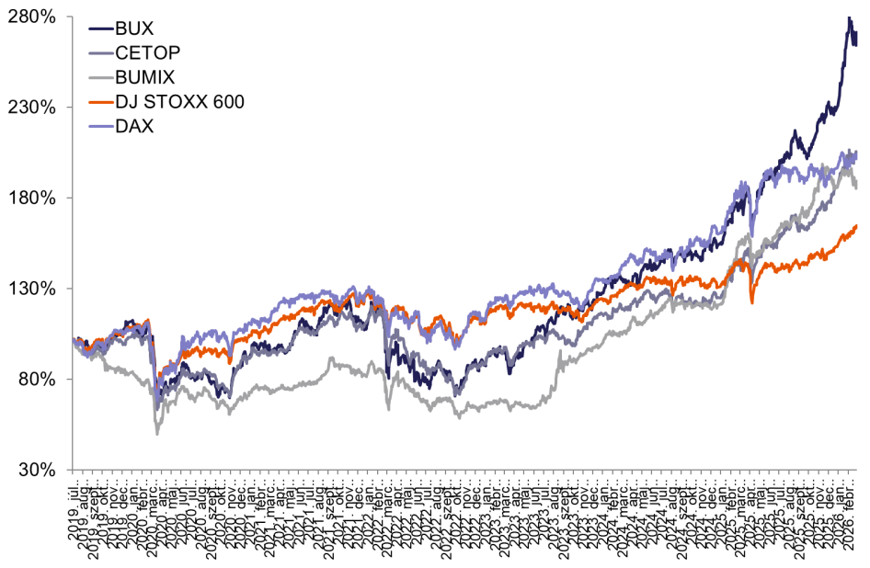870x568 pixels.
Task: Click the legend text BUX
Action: click(x=135, y=29)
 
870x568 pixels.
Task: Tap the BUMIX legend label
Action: click(x=145, y=78)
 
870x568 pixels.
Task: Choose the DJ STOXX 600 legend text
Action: click(x=180, y=102)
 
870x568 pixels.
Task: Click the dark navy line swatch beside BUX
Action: click(x=99, y=29)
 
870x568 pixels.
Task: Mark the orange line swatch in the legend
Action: click(x=99, y=102)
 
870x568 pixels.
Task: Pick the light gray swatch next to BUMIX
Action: click(x=99, y=78)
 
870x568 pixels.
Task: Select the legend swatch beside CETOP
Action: click(x=99, y=53)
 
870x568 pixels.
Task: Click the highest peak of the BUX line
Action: click(x=848, y=17)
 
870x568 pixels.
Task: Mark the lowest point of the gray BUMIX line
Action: click(x=156, y=433)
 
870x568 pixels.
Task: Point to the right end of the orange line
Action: click(x=857, y=224)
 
